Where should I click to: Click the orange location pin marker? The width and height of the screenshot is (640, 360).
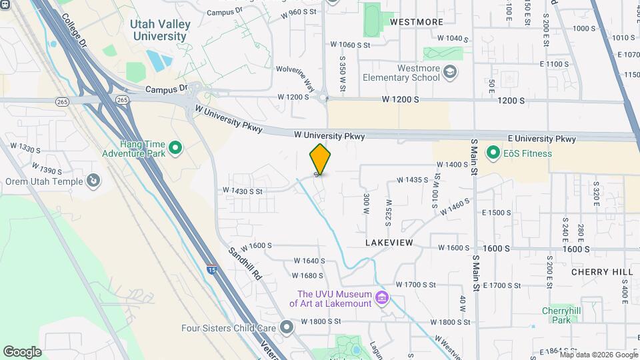pyautogui.click(x=320, y=159)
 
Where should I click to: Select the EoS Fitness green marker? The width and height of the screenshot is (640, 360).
pyautogui.click(x=493, y=153)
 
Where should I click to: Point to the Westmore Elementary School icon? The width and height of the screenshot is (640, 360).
pyautogui.click(x=450, y=72)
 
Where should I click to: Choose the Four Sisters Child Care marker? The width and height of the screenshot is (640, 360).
pyautogui.click(x=287, y=327)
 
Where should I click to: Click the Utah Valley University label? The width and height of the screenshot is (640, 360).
pyautogui.click(x=161, y=30)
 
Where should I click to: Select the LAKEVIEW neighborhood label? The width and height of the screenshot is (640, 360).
pyautogui.click(x=389, y=243)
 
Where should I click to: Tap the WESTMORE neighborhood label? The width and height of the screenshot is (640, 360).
pyautogui.click(x=417, y=22)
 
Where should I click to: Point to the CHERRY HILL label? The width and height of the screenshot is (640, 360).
pyautogui.click(x=602, y=272)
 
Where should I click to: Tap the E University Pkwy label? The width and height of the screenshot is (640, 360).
pyautogui.click(x=541, y=139)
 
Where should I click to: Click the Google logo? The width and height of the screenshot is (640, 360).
pyautogui.click(x=22, y=351)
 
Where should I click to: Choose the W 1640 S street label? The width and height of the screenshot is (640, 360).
pyautogui.click(x=309, y=261)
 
